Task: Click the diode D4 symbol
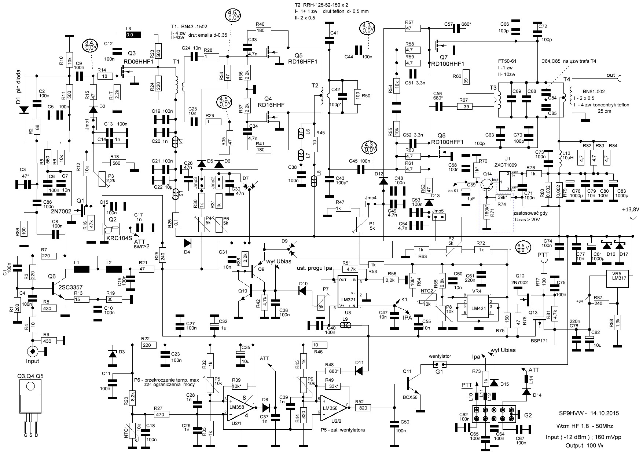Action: click(x=187, y=243)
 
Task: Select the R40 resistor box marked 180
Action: click(x=261, y=31)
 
